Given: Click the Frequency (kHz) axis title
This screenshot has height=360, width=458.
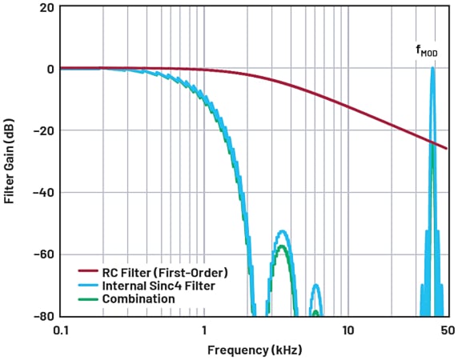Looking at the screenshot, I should click(251, 350).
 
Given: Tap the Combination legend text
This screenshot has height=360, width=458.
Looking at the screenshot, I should click(138, 298).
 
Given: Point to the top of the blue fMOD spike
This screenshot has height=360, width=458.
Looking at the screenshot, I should click(432, 68).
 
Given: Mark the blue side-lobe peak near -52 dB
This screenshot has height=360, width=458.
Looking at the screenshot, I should click(282, 231).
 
